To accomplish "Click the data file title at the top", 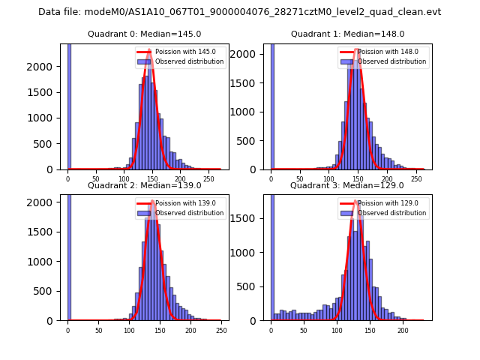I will tap(240, 12).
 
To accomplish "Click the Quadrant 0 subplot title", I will tap(144, 34).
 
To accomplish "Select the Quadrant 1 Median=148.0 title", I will tap(347, 34).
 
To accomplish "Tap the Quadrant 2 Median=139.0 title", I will tap(144, 185).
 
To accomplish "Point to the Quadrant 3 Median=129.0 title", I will tap(347, 185).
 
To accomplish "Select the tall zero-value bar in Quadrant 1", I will tap(271, 106).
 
